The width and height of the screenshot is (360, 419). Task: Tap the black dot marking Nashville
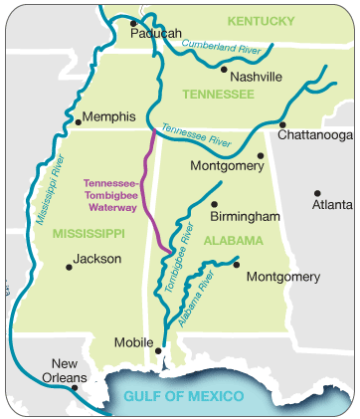[225, 70]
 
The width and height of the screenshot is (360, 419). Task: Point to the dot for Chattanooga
[282, 124]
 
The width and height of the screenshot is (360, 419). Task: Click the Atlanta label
[332, 205]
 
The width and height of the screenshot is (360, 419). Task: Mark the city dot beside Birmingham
[214, 204]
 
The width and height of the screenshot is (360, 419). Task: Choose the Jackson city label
[97, 259]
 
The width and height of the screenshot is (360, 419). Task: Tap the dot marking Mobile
[158, 349]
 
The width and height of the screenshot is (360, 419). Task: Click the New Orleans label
[71, 370]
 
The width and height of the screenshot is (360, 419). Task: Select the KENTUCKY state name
[261, 20]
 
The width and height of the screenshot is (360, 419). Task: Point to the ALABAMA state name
[233, 241]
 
